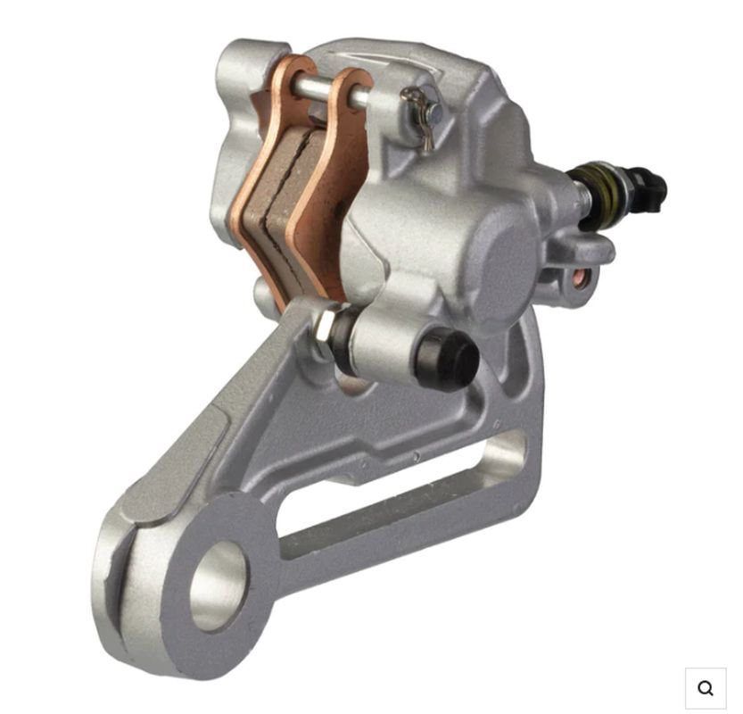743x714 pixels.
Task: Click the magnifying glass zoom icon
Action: (706, 687)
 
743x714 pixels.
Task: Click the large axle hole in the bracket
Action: (219, 585)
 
